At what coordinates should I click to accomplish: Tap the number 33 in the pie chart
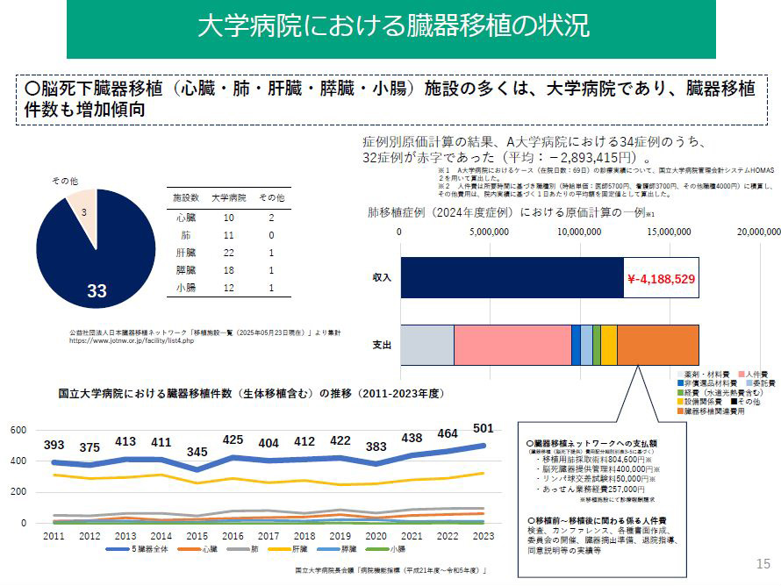click(97, 291)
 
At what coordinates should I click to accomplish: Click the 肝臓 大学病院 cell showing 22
click(229, 252)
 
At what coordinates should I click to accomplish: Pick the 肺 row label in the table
click(185, 234)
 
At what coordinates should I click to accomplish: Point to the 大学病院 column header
click(228, 198)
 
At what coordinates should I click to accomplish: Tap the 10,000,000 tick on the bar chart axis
click(578, 232)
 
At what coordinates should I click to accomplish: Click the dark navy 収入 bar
click(512, 279)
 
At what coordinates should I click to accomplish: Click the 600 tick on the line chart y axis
click(18, 430)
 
